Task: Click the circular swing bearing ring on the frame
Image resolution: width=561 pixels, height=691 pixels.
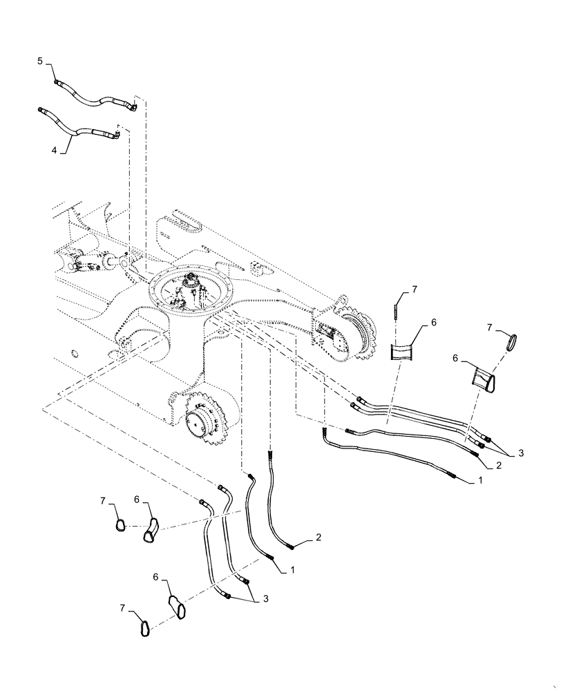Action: point(193,294)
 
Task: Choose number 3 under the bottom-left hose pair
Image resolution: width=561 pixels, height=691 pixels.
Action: point(264,600)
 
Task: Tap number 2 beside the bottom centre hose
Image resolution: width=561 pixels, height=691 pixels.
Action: point(319,537)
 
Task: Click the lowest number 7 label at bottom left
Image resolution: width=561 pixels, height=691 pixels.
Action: point(122,609)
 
